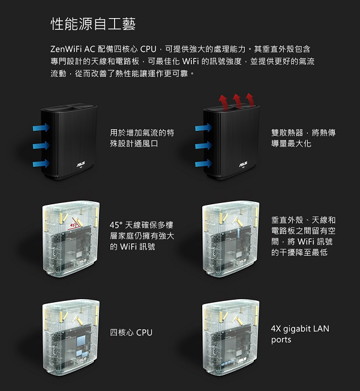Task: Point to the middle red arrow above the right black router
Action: point(238,100)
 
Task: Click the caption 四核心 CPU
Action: point(131,332)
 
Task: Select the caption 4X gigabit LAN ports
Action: point(300,334)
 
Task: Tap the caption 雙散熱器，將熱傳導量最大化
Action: point(303,138)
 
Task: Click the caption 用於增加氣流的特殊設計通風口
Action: point(142,138)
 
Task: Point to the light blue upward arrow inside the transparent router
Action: point(239,232)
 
